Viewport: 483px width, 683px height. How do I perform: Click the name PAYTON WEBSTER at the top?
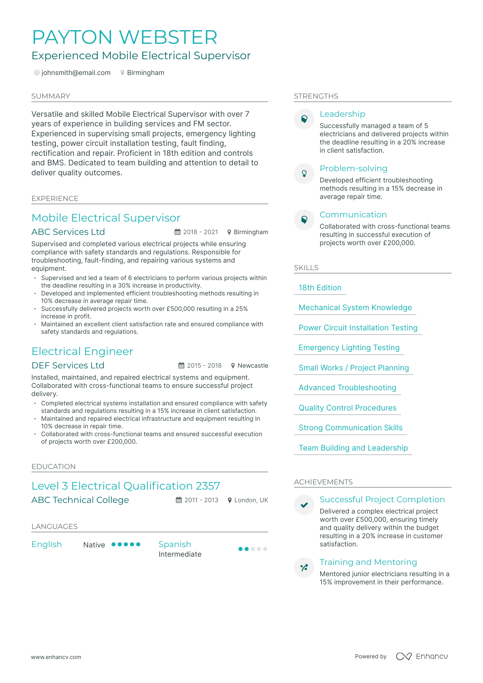(x=125, y=37)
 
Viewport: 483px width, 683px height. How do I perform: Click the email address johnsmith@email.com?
(x=76, y=73)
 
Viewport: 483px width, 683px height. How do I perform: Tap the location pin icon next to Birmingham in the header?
(x=122, y=73)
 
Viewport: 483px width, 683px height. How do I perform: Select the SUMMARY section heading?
(x=51, y=96)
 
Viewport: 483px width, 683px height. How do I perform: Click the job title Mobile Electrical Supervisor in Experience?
(x=106, y=218)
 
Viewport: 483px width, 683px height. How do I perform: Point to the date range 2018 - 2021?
(x=200, y=232)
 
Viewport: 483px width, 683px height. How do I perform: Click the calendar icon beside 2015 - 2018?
(x=181, y=366)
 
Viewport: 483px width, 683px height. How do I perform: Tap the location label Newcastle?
(x=252, y=366)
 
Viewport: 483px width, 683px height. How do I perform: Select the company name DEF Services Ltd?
(x=68, y=365)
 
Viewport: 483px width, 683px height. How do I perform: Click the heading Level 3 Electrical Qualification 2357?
(x=126, y=486)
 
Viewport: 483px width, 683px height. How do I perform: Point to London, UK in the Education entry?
(x=251, y=500)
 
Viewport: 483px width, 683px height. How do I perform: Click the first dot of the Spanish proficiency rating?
(x=240, y=549)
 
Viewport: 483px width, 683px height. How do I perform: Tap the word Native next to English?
(x=94, y=545)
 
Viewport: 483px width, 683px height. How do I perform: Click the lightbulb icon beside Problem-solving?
(x=304, y=174)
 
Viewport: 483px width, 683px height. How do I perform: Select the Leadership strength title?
(x=342, y=114)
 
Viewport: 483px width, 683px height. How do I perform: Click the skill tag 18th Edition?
(x=320, y=288)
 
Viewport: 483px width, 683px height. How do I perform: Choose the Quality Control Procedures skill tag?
(x=347, y=408)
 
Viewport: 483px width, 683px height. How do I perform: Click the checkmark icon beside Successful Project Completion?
(x=304, y=505)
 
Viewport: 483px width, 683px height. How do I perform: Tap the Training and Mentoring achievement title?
(x=368, y=562)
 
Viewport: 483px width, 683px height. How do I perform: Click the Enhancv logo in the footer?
(x=422, y=656)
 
